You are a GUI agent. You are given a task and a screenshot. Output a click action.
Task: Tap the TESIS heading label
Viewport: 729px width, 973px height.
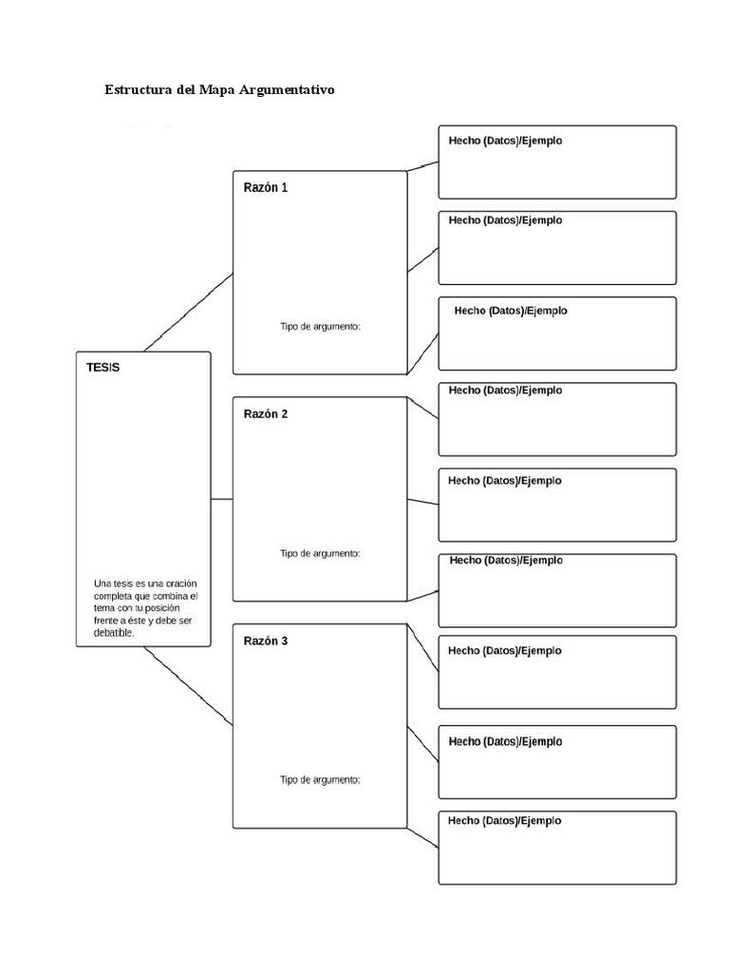coord(103,368)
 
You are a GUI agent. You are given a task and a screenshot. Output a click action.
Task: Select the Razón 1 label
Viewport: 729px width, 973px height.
coord(265,187)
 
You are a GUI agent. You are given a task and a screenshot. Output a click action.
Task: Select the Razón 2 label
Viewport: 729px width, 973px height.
coord(265,413)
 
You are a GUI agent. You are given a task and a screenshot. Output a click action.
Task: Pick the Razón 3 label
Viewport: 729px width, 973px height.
coord(265,640)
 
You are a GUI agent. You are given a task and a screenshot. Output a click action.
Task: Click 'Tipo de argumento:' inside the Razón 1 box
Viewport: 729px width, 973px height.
coord(320,326)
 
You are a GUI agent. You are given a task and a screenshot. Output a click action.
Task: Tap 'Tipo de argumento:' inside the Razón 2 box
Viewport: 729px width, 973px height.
coord(320,553)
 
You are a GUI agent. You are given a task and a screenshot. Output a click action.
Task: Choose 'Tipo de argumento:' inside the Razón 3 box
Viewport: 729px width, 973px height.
coord(320,780)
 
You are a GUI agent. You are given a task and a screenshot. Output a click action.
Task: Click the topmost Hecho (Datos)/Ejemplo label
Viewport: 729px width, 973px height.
coord(505,141)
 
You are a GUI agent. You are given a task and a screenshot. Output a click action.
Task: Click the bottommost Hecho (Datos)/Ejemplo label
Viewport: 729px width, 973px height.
coord(505,820)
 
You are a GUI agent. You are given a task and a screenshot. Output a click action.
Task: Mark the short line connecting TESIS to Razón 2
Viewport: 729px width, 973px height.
coord(221,499)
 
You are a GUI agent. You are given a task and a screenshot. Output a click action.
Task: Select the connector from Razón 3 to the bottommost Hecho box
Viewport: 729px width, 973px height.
coord(422,836)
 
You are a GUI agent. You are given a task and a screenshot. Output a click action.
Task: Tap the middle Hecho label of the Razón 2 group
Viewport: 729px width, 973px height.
coord(505,481)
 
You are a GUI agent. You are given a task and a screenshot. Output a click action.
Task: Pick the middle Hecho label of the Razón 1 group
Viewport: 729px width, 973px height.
coord(505,219)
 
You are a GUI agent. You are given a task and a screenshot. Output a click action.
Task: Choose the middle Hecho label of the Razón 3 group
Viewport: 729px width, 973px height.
coord(505,741)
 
